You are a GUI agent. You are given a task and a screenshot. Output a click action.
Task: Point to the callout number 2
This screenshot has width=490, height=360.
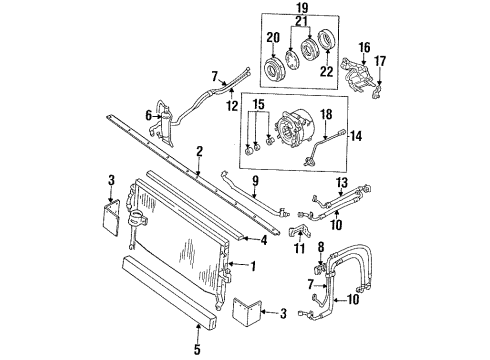tap(200, 151)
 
